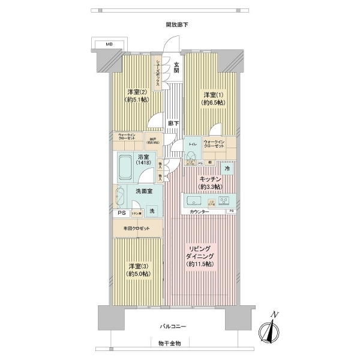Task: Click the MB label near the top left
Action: [x=109, y=44]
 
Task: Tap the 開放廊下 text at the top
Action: [x=178, y=25]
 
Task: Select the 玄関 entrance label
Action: [x=177, y=67]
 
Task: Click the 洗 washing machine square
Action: [x=152, y=211]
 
